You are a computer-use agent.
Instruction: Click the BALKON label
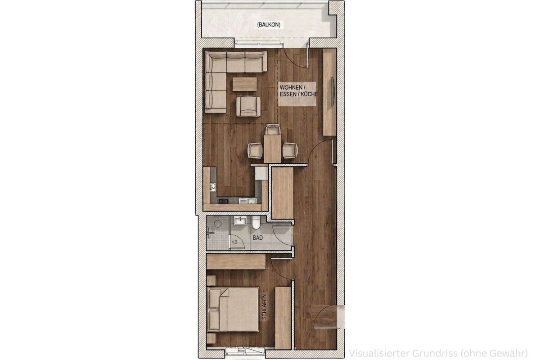pyautogui.click(x=269, y=25)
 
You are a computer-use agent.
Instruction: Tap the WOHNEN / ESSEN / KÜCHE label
pyautogui.click(x=298, y=90)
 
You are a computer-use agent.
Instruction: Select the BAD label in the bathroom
pyautogui.click(x=258, y=238)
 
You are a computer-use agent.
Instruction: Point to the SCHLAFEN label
pyautogui.click(x=265, y=307)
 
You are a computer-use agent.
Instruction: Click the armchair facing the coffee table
pyautogui.click(x=248, y=107)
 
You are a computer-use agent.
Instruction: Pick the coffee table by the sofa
pyautogui.click(x=245, y=84)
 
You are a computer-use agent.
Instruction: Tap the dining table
pyautogui.click(x=272, y=148)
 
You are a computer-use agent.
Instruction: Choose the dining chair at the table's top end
pyautogui.click(x=273, y=130)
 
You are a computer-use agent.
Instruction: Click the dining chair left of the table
pyautogui.click(x=255, y=150)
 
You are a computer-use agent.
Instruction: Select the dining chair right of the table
pyautogui.click(x=290, y=150)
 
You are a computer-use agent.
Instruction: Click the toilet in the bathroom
pyautogui.click(x=256, y=223)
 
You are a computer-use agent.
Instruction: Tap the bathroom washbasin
pyautogui.click(x=240, y=220)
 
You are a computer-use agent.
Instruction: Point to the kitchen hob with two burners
pyautogui.click(x=54, y=200)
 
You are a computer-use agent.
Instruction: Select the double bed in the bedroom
pyautogui.click(x=233, y=309)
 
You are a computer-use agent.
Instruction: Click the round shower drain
pyautogui.click(x=218, y=224)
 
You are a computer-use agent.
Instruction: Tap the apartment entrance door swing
pyautogui.click(x=325, y=316)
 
